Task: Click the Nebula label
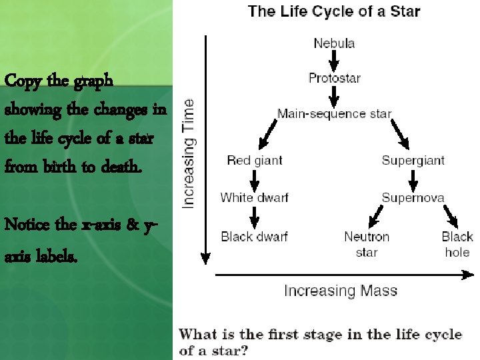[334, 44]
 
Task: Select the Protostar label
[334, 79]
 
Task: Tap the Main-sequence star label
[334, 114]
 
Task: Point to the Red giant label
[255, 161]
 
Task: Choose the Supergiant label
[413, 161]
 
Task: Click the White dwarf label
[254, 197]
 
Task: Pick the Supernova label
[413, 197]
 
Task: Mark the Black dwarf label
[254, 236]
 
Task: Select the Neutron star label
[366, 244]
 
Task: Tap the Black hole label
[457, 244]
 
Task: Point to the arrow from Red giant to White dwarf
[254, 179]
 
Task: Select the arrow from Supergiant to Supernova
[413, 179]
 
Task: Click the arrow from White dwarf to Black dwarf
[254, 217]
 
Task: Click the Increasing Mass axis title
[340, 291]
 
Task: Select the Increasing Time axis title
[189, 153]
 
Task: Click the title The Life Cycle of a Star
[334, 11]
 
